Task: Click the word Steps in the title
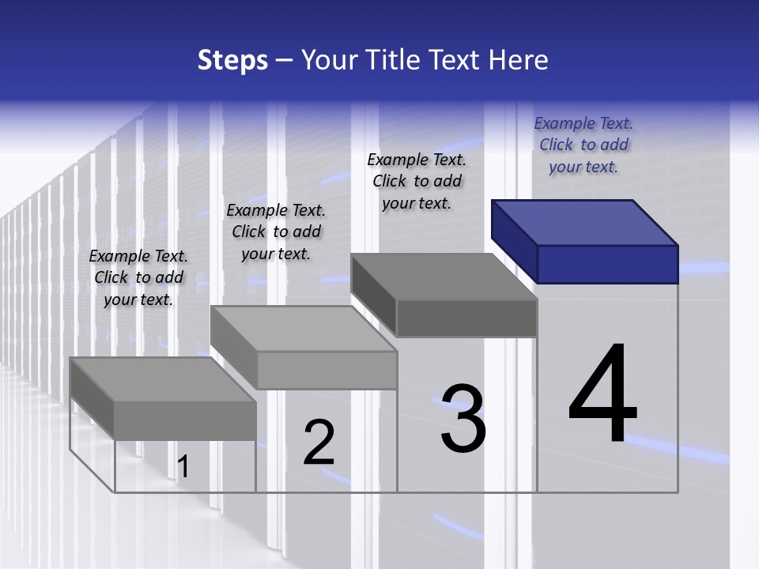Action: click(232, 61)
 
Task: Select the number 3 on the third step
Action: click(463, 418)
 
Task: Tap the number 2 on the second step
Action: click(319, 443)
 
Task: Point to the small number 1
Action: click(183, 467)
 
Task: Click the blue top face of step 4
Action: click(585, 222)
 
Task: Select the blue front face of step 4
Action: click(607, 264)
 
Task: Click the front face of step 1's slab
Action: click(185, 420)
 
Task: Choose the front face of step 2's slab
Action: click(327, 370)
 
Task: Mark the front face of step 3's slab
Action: click(466, 318)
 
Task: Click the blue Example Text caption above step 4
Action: click(583, 145)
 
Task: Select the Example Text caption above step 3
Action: click(417, 181)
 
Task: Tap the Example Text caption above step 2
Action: click(276, 232)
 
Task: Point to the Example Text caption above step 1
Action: click(138, 277)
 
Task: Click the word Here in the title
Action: click(517, 61)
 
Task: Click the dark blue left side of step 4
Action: click(514, 240)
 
